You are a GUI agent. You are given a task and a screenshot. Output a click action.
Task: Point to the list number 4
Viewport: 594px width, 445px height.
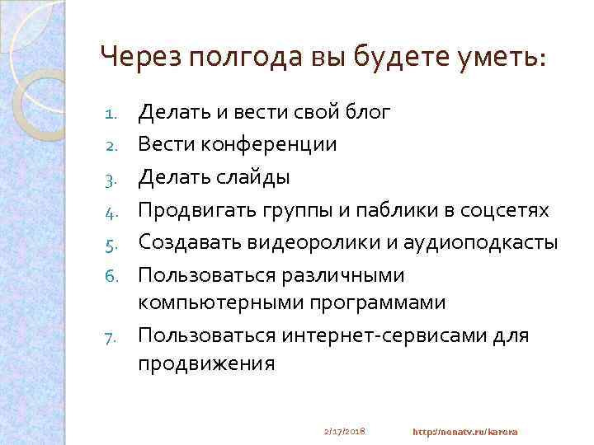(116, 212)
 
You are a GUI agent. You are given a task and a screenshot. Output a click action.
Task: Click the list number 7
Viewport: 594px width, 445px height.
(117, 337)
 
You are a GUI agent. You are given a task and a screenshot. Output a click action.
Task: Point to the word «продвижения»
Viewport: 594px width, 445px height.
(206, 363)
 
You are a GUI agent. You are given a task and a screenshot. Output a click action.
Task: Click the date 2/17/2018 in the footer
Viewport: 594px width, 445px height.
(345, 431)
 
